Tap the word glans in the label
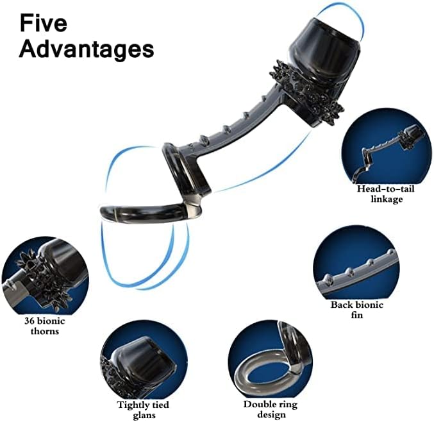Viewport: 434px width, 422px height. (x=144, y=415)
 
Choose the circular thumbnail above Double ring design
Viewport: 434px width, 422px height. (x=270, y=363)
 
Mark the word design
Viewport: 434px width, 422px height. (x=270, y=415)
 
